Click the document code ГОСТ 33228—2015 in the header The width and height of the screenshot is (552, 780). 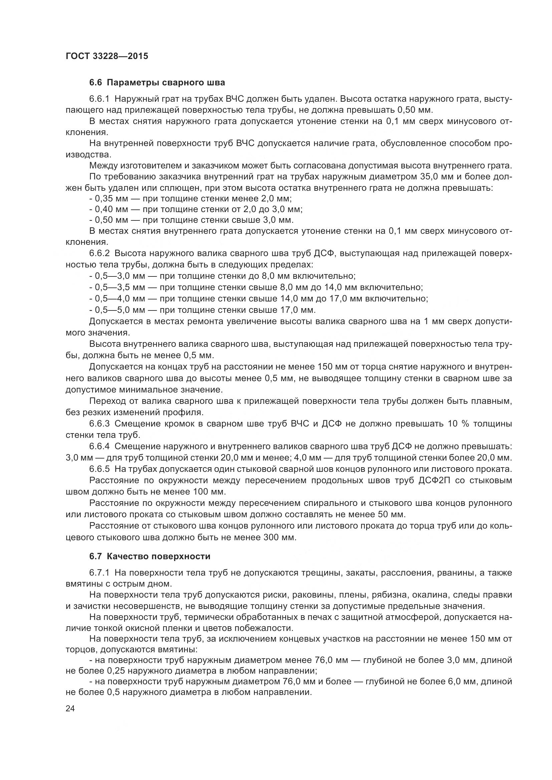(107, 56)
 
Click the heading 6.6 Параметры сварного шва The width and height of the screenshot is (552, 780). (157, 83)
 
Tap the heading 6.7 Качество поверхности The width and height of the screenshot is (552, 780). (150, 556)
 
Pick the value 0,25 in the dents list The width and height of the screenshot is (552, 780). (116, 671)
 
